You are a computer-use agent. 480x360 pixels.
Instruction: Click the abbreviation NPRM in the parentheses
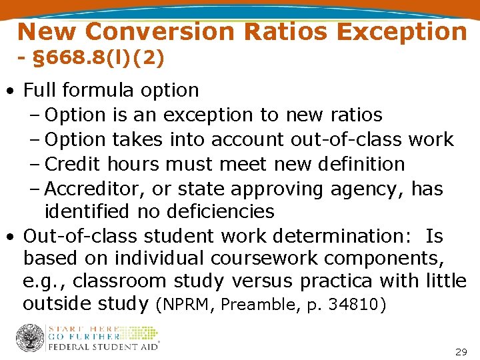click(x=185, y=305)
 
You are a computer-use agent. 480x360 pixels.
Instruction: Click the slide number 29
click(x=461, y=351)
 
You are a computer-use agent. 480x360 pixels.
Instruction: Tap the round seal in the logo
click(x=29, y=338)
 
